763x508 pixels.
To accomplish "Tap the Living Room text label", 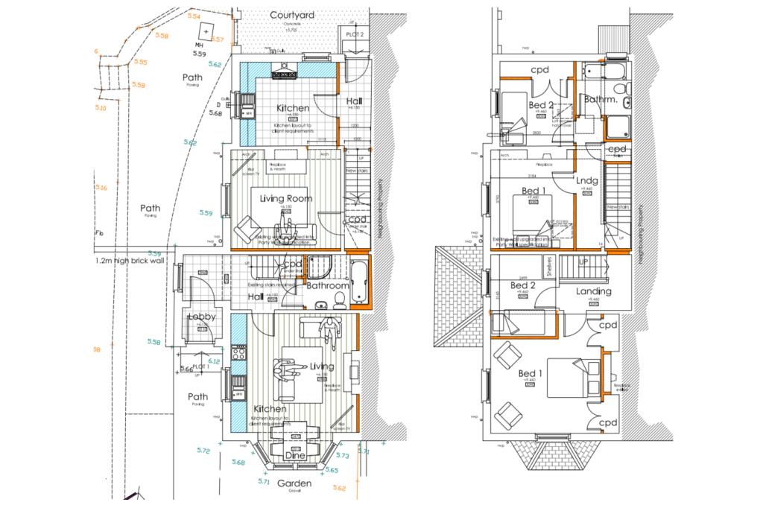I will click(x=285, y=199).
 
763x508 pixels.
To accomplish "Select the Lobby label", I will click(x=201, y=317).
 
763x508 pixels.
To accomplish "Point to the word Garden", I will click(x=294, y=483).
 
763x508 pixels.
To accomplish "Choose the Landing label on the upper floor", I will click(x=593, y=291).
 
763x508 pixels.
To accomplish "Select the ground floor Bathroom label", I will click(x=327, y=286).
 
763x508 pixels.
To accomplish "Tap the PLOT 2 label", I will click(x=355, y=34).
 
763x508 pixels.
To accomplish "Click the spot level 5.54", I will click(x=194, y=16).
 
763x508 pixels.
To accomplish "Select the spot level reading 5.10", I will click(x=101, y=109).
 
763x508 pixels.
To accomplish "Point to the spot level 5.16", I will click(x=101, y=188).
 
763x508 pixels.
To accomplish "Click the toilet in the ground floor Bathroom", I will click(x=340, y=298).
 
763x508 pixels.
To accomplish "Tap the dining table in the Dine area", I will click(x=295, y=431).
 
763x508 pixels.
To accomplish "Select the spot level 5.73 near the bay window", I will click(x=343, y=455).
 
